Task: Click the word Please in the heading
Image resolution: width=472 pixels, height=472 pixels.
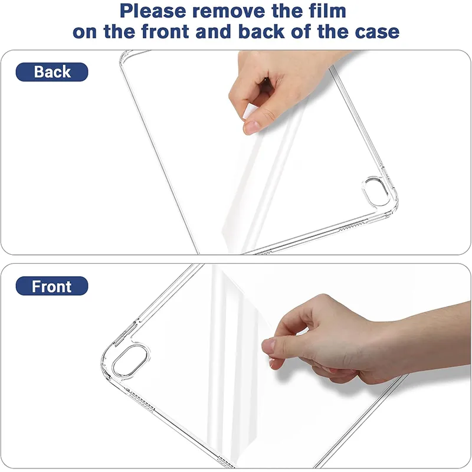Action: (x=153, y=11)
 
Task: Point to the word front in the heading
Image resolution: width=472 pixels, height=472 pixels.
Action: (x=166, y=32)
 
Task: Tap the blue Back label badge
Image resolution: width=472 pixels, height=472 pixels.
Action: (x=52, y=72)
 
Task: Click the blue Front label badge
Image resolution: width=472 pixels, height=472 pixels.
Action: (x=52, y=286)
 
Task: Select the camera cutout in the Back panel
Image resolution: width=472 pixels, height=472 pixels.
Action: (x=376, y=191)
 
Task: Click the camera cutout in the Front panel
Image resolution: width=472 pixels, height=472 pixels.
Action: (x=130, y=361)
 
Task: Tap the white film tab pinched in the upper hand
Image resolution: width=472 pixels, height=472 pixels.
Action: (x=250, y=112)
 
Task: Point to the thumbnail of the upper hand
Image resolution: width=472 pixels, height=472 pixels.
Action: (x=252, y=127)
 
